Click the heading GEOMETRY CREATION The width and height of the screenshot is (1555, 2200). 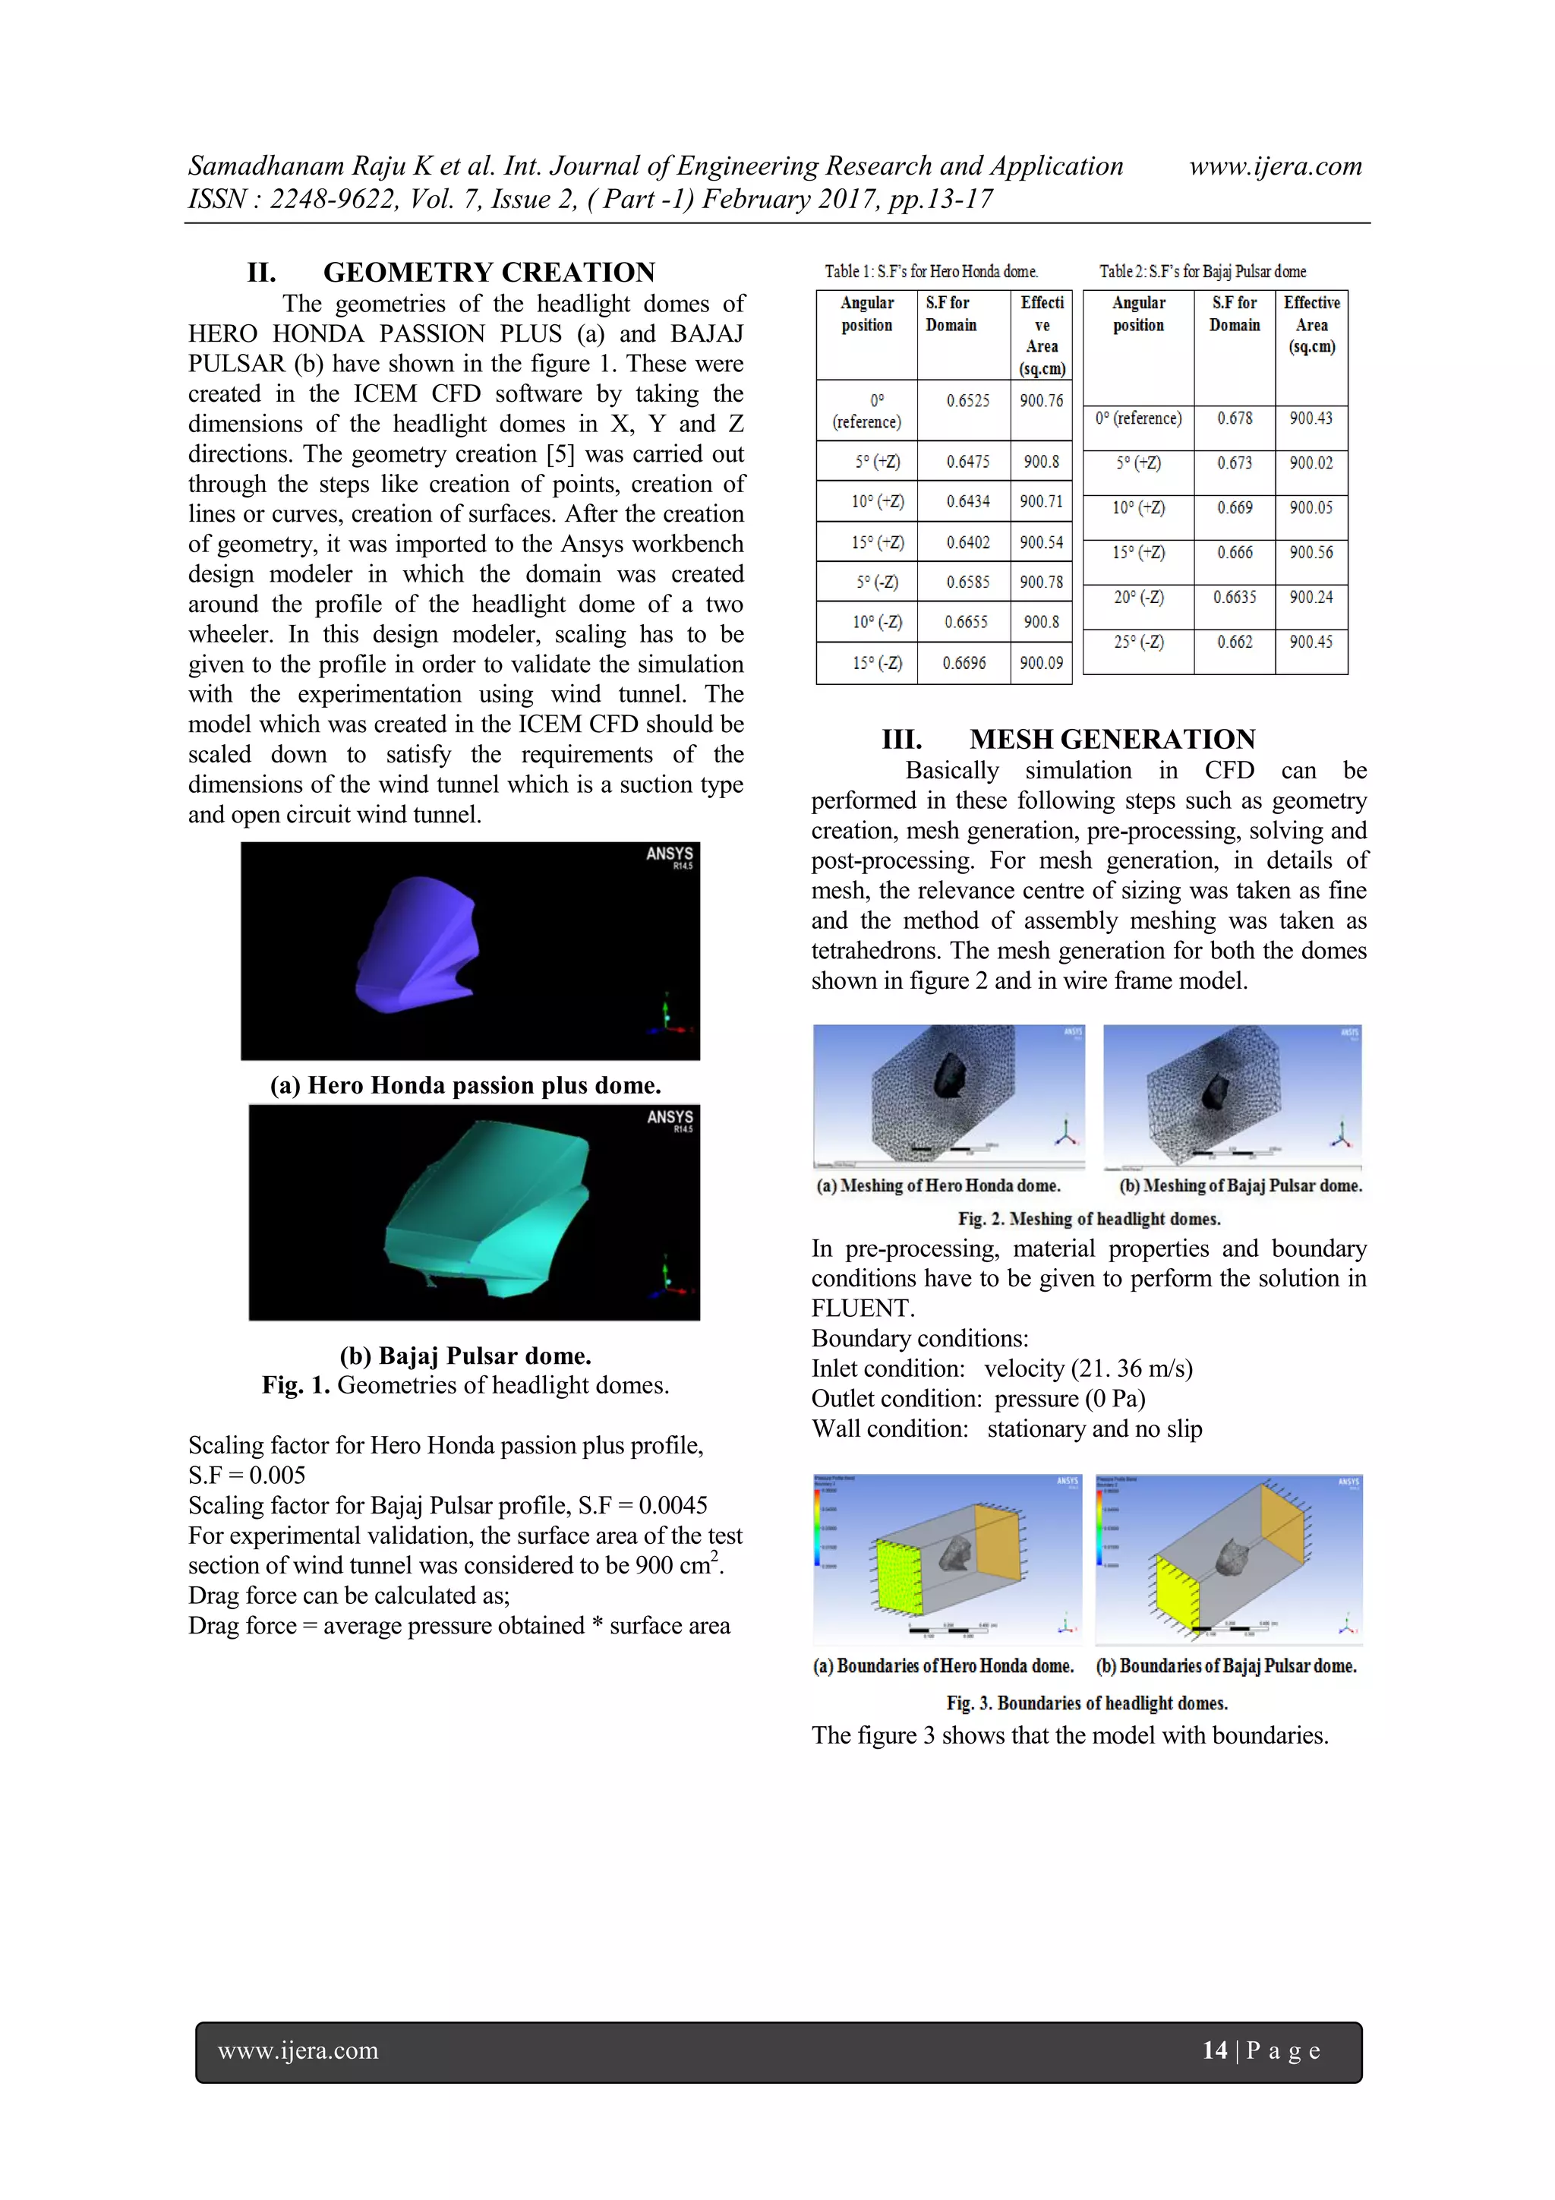489,272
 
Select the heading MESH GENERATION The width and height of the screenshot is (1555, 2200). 1112,739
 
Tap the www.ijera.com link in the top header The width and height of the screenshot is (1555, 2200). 1276,166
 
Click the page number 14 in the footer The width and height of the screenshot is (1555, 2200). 1215,2050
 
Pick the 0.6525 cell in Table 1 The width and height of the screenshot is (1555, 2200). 967,400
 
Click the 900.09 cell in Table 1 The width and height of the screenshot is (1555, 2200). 1040,662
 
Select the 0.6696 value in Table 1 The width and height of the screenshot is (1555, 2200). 964,662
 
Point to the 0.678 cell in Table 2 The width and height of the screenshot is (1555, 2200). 1234,418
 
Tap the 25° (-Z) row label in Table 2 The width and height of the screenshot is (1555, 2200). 1138,641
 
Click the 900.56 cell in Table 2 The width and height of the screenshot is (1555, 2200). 1311,552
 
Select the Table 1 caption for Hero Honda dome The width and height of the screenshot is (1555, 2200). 930,271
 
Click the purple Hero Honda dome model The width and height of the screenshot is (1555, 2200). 418,944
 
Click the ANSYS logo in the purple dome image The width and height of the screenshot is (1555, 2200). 670,854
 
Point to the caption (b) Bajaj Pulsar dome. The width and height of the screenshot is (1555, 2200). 465,1355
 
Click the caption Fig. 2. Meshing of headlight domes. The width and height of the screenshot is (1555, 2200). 1088,1219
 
